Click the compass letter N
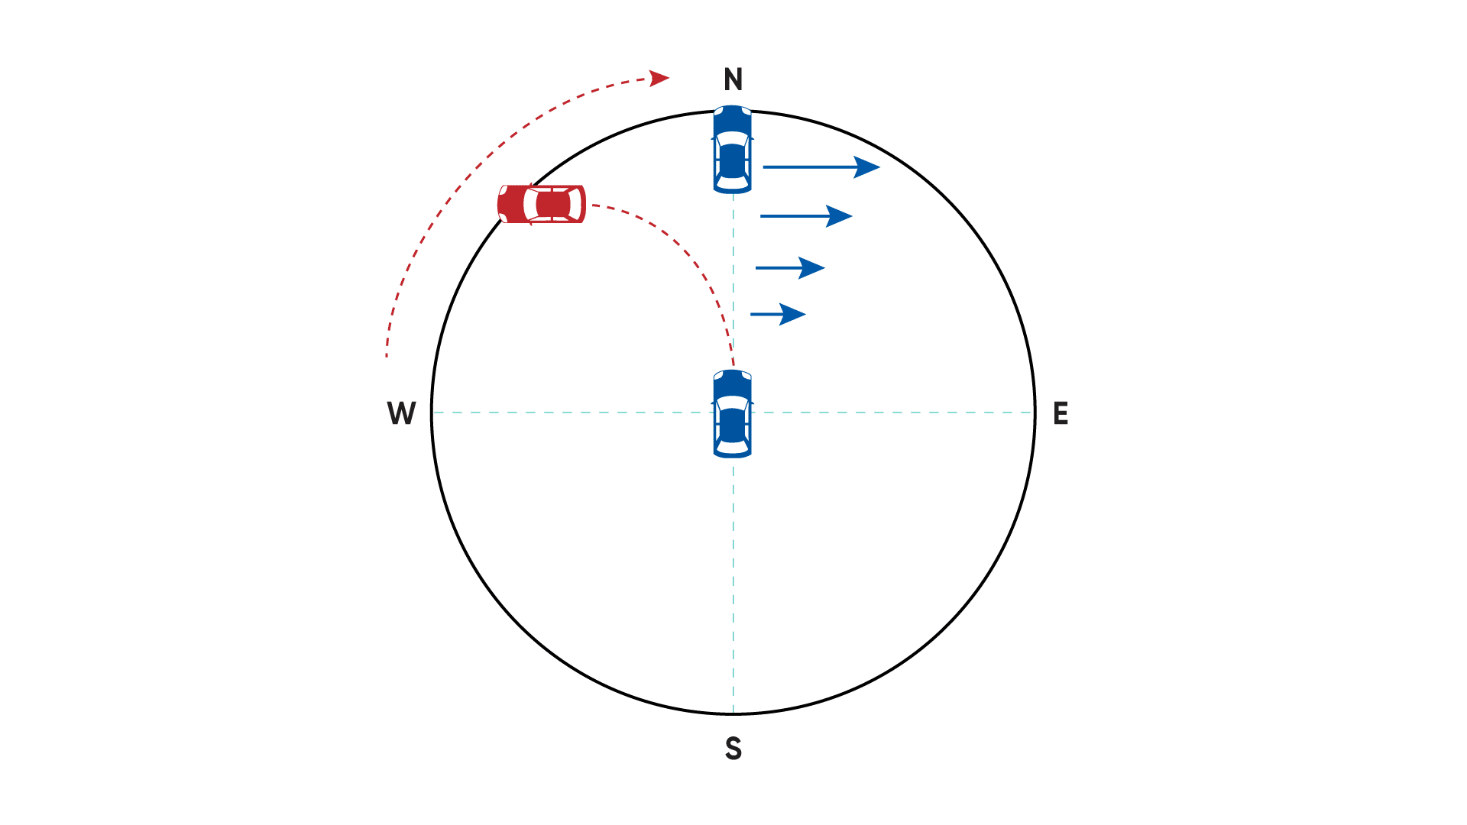click(x=733, y=79)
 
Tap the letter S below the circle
click(x=733, y=749)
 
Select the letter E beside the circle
click(x=1061, y=413)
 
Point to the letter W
click(x=401, y=413)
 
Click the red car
click(x=542, y=204)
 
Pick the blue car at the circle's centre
click(x=733, y=413)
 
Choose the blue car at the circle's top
click(x=733, y=149)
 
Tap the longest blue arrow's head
click(x=867, y=167)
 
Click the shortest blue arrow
click(x=778, y=314)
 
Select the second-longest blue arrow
click(x=806, y=216)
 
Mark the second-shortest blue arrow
click(x=790, y=268)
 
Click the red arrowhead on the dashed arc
click(x=659, y=78)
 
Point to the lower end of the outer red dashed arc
click(x=387, y=356)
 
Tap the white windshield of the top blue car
click(x=733, y=138)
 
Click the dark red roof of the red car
click(x=553, y=204)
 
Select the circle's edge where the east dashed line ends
click(x=1035, y=412)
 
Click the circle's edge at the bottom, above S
click(x=733, y=713)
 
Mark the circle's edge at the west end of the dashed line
click(x=432, y=412)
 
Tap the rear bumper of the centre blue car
click(x=733, y=455)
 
